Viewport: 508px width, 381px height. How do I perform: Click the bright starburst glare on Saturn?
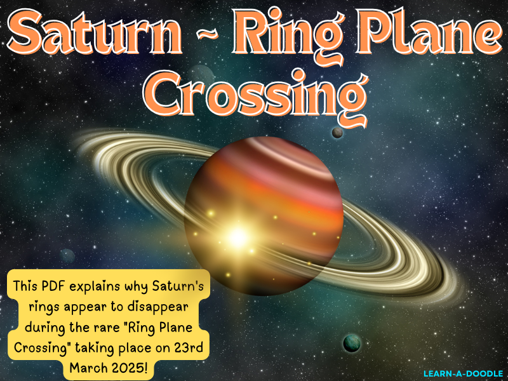tap(237, 237)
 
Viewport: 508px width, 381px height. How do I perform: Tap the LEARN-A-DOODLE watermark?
tap(464, 373)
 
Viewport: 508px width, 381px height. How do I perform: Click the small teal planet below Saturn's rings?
tap(351, 344)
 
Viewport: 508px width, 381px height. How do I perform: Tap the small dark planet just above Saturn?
tap(338, 132)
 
